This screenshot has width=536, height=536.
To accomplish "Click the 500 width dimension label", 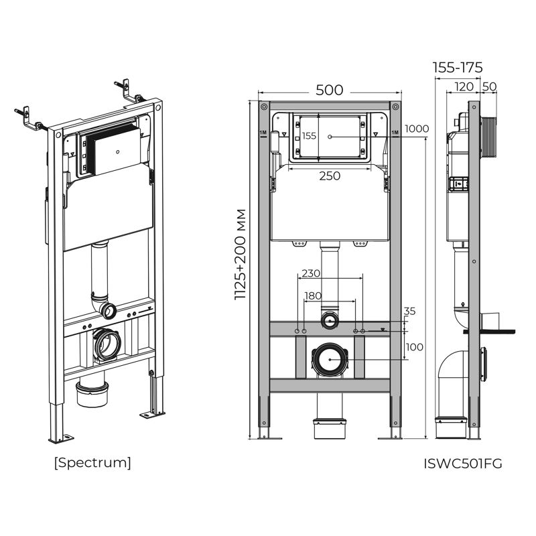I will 329,90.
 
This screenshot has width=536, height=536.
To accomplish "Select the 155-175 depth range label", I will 458,68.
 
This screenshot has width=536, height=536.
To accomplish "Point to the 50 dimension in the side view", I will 489,86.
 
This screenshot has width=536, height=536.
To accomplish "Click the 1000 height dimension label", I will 416,129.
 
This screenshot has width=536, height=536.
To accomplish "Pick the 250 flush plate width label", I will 329,176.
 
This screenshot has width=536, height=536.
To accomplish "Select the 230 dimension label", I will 311,273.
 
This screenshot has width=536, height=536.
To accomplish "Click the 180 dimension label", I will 312,295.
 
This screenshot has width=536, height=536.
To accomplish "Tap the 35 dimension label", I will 410,311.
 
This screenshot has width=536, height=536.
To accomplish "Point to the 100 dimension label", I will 415,347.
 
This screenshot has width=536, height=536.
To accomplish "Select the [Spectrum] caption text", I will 92,462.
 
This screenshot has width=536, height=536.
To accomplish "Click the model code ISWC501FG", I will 463,463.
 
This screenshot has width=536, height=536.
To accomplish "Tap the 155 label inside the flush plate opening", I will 309,136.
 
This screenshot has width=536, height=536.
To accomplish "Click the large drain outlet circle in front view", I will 330,360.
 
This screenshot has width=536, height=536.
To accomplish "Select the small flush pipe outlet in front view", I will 330,320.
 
